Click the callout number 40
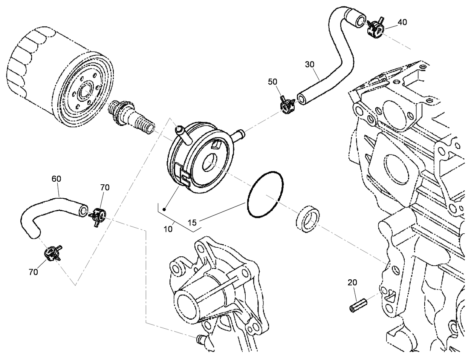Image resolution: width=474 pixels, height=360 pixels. click(402, 22)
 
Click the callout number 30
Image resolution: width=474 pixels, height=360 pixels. click(309, 64)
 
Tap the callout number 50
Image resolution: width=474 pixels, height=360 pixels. click(272, 82)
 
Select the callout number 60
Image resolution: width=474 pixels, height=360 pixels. click(56, 179)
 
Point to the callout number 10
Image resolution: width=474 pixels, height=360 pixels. click(168, 229)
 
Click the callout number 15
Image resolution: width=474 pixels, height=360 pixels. click(192, 223)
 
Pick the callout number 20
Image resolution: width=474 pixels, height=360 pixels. click(352, 283)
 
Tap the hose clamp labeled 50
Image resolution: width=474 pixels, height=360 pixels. click(287, 105)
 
